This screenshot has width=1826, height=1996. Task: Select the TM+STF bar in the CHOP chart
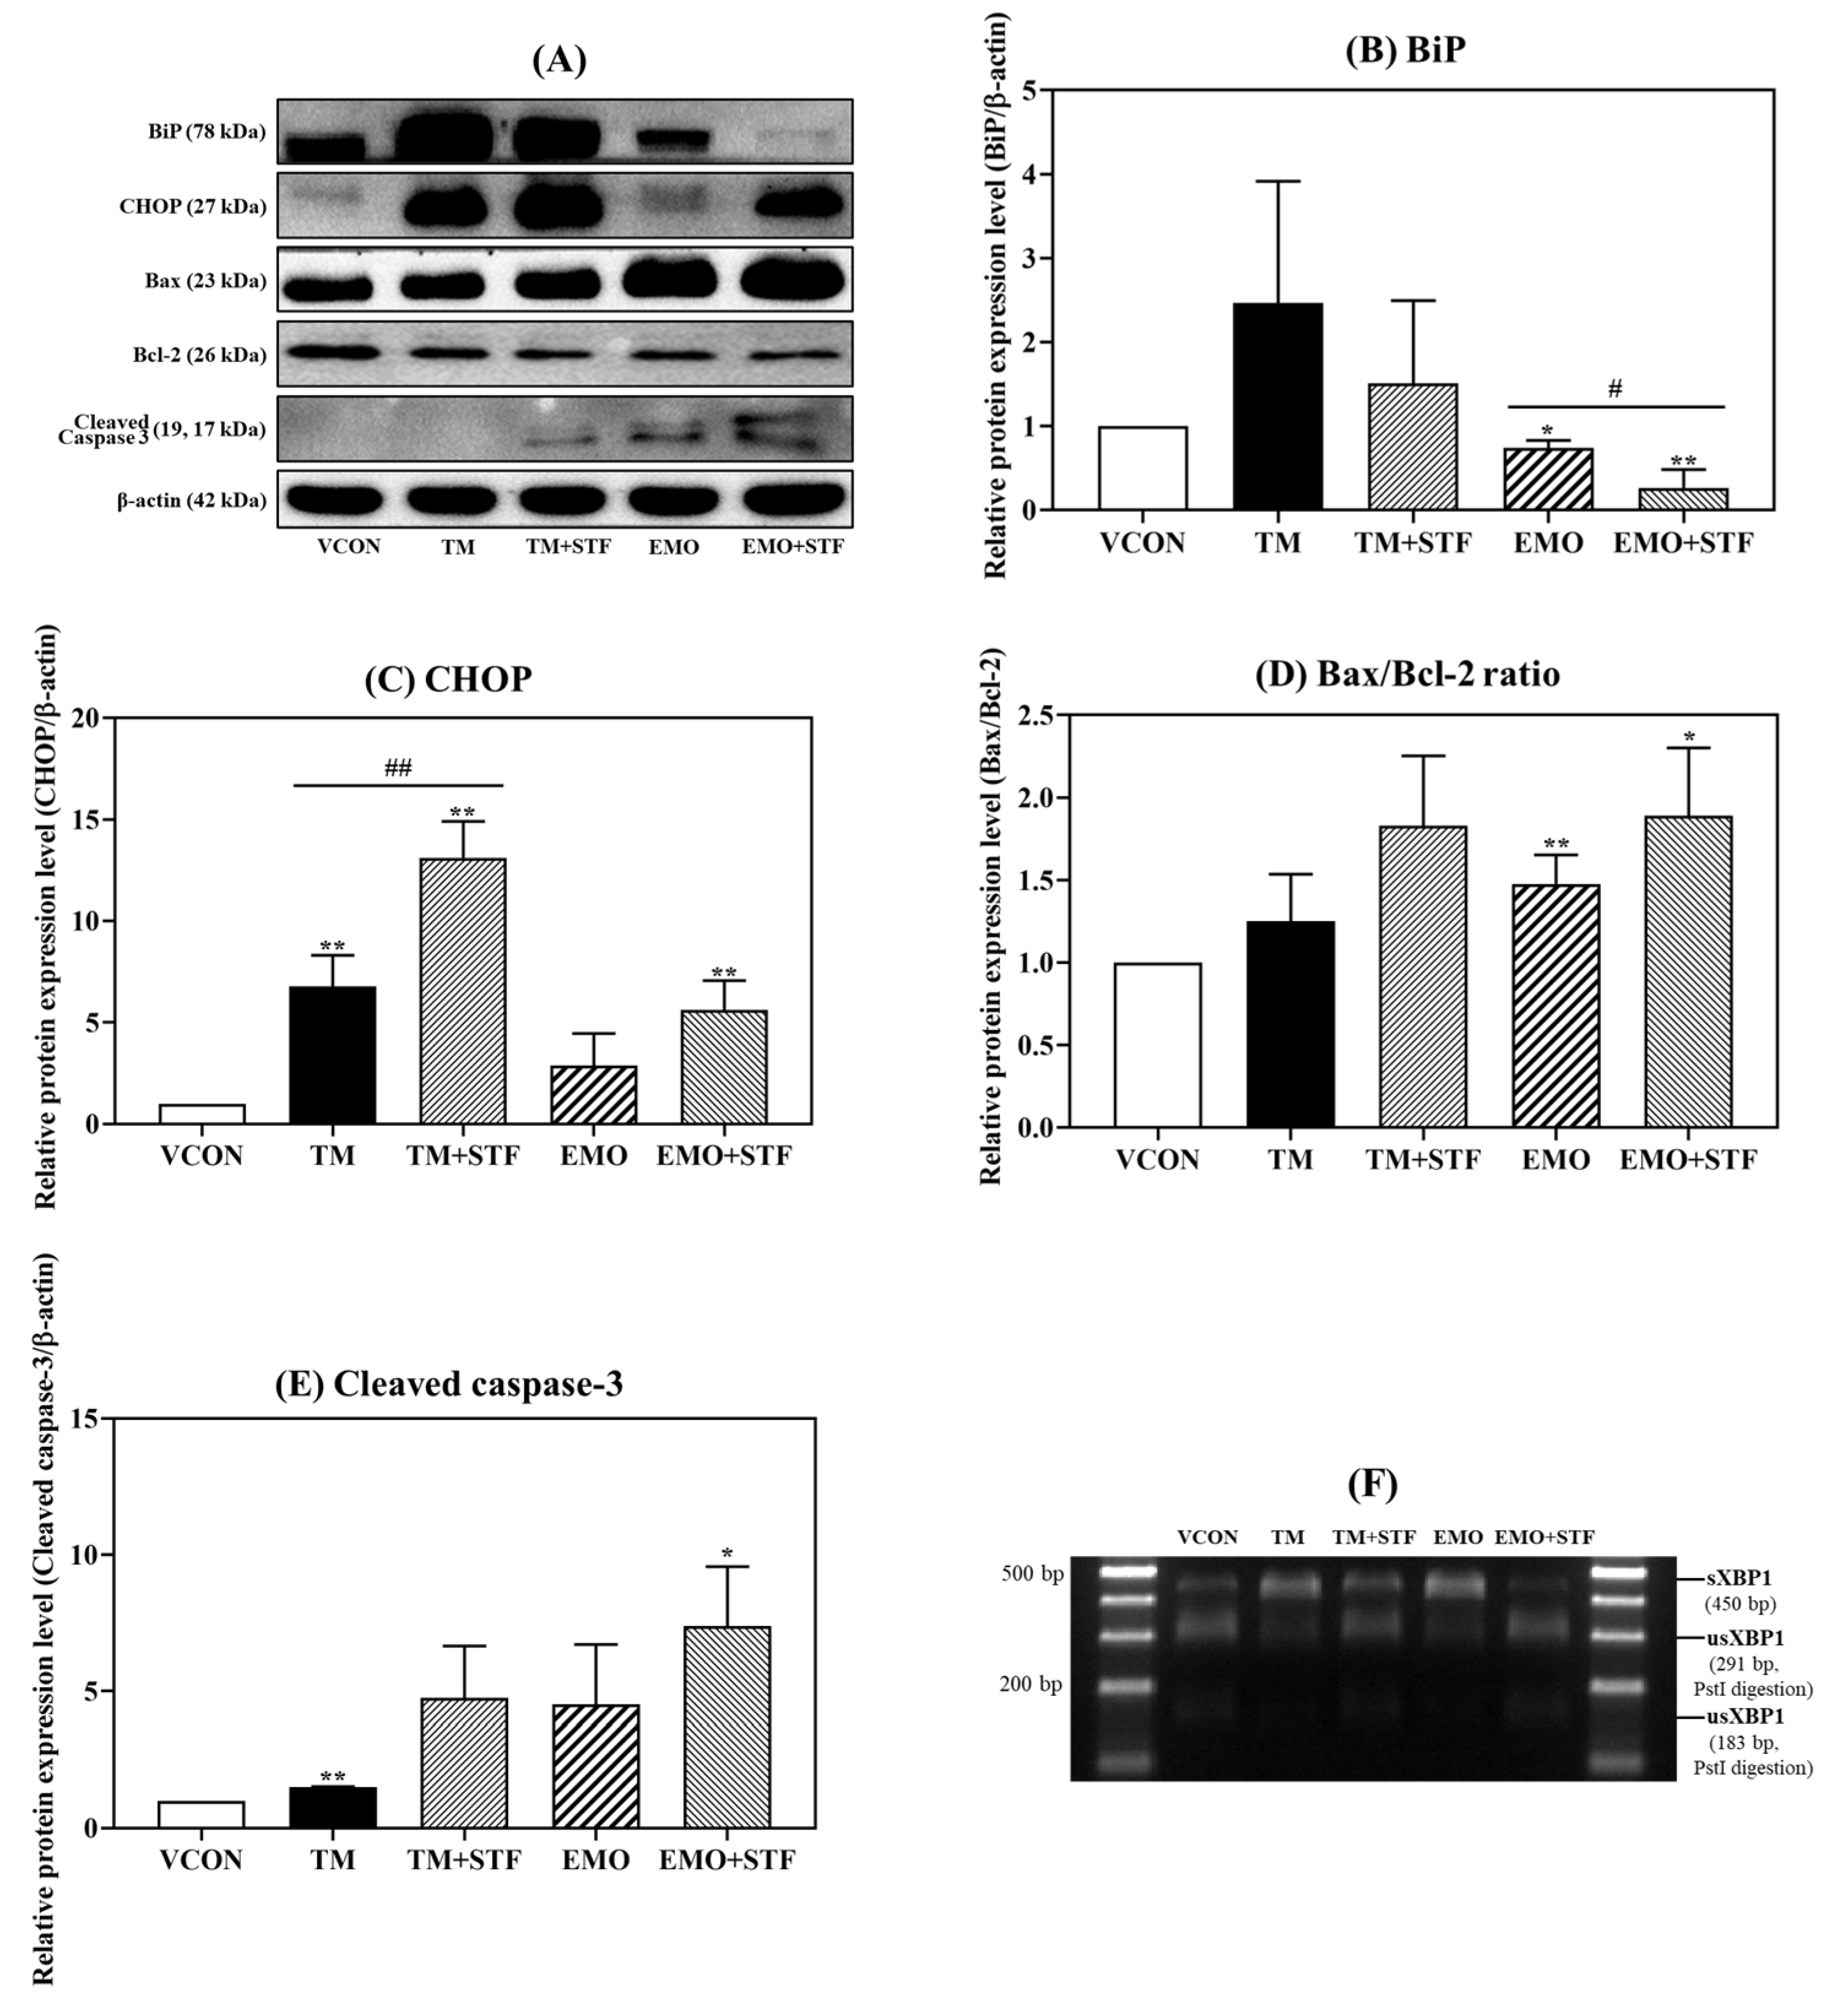462,991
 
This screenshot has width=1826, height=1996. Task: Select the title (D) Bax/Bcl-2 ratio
1407,674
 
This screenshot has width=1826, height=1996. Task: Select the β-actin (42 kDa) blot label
191,501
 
